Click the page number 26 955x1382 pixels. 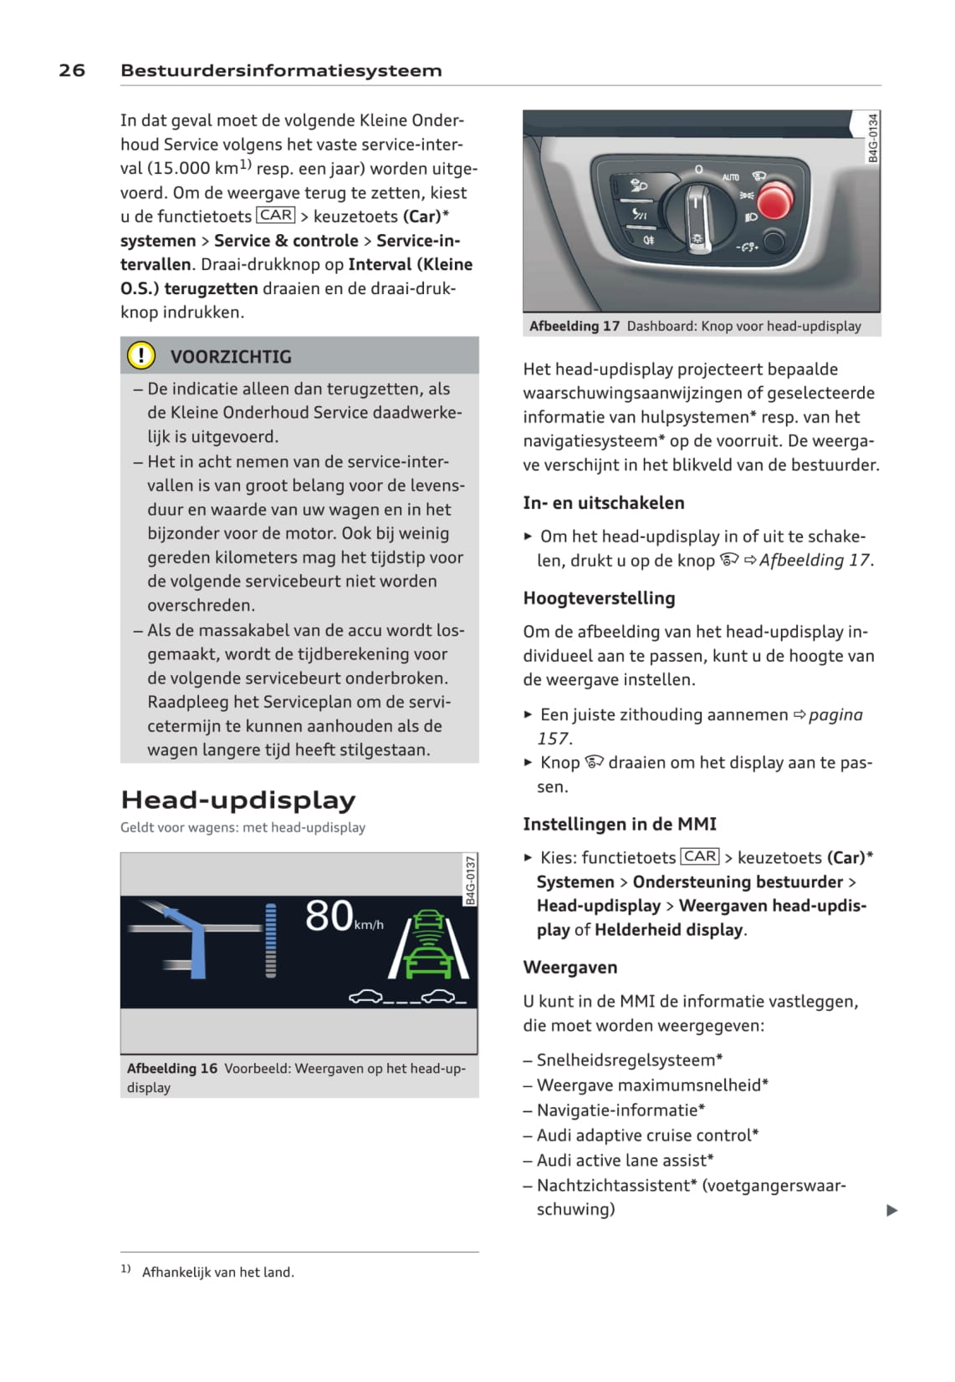click(x=72, y=70)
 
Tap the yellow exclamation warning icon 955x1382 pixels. click(x=140, y=356)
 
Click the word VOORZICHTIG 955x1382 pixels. click(x=231, y=357)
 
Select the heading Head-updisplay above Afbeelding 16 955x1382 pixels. click(x=238, y=800)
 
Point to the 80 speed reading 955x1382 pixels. click(x=329, y=916)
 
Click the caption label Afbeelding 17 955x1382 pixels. click(x=575, y=326)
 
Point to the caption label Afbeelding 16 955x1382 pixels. click(x=172, y=1068)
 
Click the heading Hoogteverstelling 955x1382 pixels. click(x=599, y=598)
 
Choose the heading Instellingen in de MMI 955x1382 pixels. click(x=620, y=824)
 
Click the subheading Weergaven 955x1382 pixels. click(x=570, y=968)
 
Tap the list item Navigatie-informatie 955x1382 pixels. click(x=620, y=1110)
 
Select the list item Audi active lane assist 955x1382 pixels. click(x=624, y=1160)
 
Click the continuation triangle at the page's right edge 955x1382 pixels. click(x=891, y=1210)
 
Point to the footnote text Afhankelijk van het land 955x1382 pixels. click(x=218, y=1272)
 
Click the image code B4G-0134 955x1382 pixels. click(x=873, y=138)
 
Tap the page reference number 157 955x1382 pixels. click(x=553, y=739)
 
